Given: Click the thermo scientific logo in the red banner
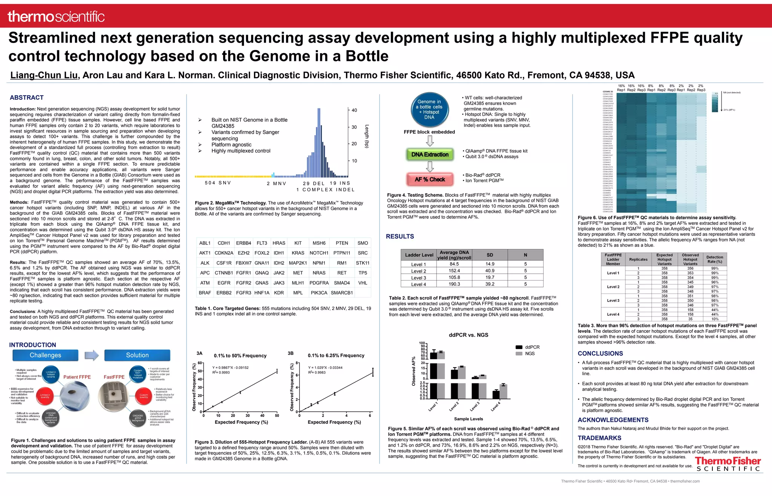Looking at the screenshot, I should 56,17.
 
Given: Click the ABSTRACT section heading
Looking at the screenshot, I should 27,98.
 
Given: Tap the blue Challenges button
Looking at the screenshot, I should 46,355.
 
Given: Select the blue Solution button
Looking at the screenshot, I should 137,355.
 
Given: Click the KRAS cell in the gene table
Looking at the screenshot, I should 298,253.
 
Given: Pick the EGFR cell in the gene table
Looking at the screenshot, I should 224,283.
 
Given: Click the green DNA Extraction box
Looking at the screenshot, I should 430,154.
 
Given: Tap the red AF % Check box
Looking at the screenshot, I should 430,179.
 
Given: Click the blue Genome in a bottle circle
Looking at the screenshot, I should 429,110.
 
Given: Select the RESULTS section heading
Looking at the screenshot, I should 400,237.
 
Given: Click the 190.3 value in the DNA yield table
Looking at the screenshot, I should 454,284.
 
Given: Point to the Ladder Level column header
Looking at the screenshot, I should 419,255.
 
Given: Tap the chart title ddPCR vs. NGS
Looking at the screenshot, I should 469,335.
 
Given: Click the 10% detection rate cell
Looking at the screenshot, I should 715,319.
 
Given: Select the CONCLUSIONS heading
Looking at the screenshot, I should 600,353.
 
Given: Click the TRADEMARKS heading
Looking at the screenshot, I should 599,438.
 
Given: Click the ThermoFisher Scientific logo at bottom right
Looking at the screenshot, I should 728,464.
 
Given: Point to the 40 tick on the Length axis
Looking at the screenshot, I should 354,110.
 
